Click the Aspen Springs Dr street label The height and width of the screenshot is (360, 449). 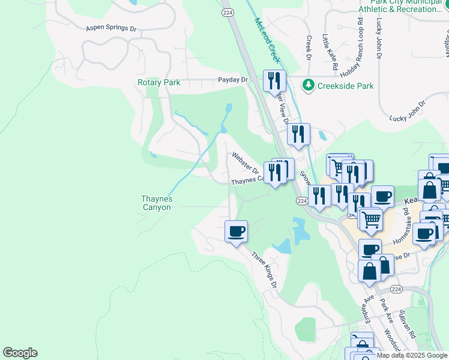coord(111,28)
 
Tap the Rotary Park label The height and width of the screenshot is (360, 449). coord(158,82)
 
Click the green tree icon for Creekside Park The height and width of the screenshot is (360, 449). coord(309,85)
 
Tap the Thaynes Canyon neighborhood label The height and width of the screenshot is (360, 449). coord(156,203)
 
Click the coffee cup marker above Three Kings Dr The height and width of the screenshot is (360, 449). coord(235,231)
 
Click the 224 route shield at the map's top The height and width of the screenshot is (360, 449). coord(226,12)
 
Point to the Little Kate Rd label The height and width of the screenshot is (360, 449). coord(330,51)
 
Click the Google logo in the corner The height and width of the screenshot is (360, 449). coord(20,353)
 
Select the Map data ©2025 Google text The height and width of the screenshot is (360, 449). coord(412,355)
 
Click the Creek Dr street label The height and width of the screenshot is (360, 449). coord(309,48)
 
